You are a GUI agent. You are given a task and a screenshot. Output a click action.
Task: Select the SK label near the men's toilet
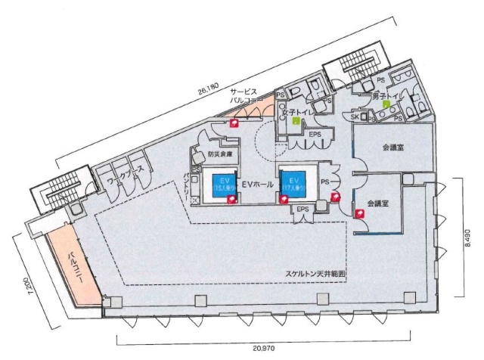pyautogui.click(x=355, y=116)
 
